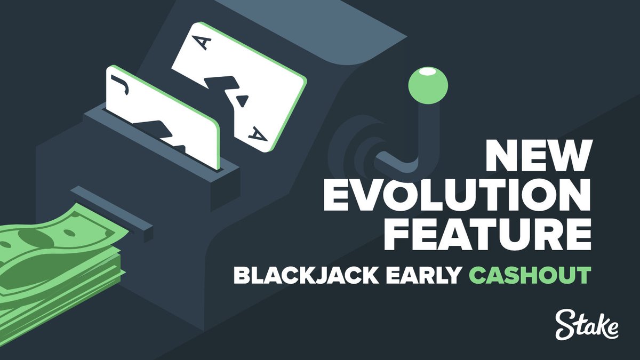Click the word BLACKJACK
(x=293, y=277)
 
